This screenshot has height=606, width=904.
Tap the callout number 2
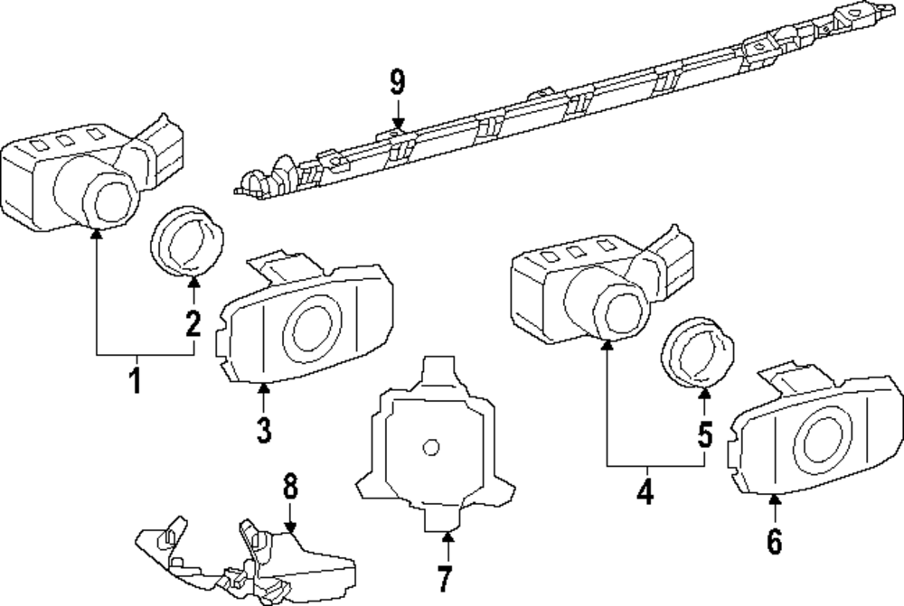[x=193, y=323]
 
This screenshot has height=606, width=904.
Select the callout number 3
[x=263, y=430]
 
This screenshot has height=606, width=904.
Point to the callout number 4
[x=645, y=493]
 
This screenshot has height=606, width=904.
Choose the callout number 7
[x=443, y=575]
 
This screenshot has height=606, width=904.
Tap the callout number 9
[x=398, y=82]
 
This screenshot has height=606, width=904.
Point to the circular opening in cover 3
[x=313, y=328]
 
